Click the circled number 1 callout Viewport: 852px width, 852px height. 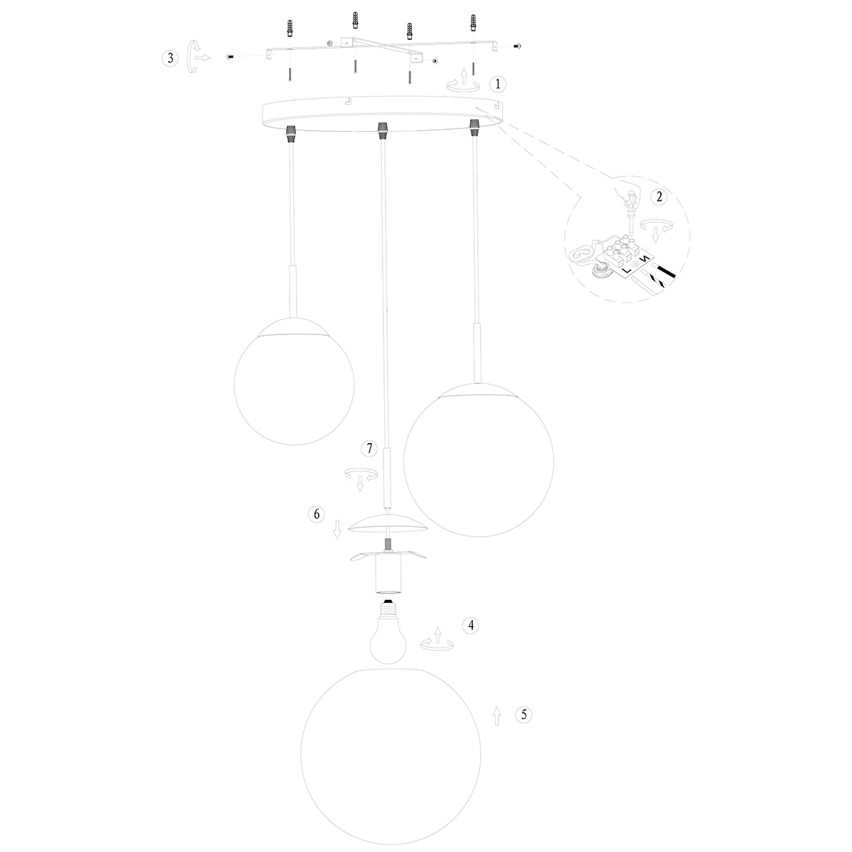pos(498,84)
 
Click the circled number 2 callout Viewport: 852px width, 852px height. pos(659,197)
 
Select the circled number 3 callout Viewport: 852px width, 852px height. pos(169,58)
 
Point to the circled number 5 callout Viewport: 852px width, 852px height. pos(524,715)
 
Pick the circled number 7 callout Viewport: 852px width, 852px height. pos(368,448)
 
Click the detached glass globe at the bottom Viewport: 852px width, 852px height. pos(390,756)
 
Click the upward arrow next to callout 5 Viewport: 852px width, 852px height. pos(496,716)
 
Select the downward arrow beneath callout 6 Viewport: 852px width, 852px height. pos(338,529)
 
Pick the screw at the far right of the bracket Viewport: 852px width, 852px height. pos(516,45)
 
